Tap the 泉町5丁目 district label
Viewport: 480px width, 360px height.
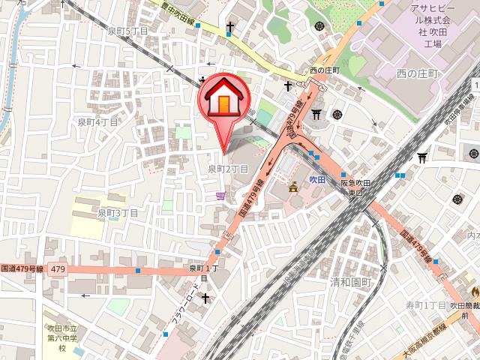pyautogui.click(x=127, y=31)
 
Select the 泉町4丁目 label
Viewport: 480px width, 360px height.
pyautogui.click(x=97, y=121)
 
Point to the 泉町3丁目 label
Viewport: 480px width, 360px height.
pyautogui.click(x=118, y=213)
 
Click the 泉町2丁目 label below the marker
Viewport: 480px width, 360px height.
pyautogui.click(x=228, y=169)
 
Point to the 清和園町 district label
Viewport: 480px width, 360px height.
pyautogui.click(x=351, y=283)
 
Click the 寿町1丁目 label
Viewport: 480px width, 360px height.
pyautogui.click(x=426, y=305)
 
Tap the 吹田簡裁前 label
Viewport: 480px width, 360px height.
pyautogui.click(x=465, y=310)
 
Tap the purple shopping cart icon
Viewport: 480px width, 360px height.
pyautogui.click(x=220, y=196)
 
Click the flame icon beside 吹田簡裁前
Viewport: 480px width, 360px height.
pyautogui.click(x=474, y=292)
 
